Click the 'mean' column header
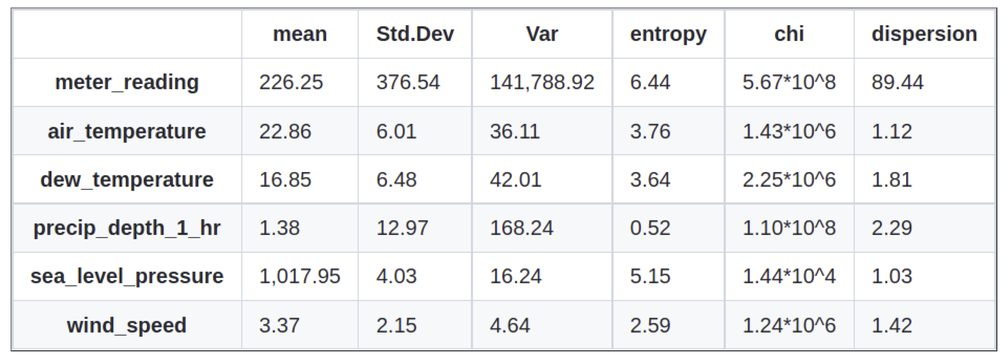300,34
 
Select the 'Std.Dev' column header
415,34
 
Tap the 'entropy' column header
668,34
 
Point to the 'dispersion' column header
924,34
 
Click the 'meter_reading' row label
127,82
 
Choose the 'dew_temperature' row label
127,180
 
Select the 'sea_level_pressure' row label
127,276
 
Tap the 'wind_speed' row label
127,325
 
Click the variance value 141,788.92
542,82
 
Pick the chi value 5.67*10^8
789,82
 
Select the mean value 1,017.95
300,276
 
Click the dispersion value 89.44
897,82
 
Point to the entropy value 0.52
650,228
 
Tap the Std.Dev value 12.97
402,228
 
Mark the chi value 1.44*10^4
789,276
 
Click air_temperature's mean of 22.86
285,131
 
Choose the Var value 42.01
515,180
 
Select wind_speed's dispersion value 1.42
892,325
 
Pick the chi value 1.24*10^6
789,325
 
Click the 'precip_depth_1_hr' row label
127,228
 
